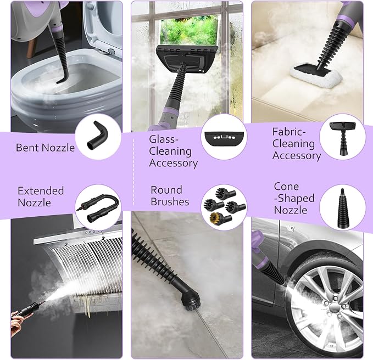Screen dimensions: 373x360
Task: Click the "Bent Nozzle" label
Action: tap(45, 148)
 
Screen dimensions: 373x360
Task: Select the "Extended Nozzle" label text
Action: tap(41, 196)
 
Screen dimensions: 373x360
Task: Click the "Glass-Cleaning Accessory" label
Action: tap(173, 151)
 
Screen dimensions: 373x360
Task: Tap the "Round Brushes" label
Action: tap(170, 196)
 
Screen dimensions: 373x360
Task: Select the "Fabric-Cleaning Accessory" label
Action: tap(297, 144)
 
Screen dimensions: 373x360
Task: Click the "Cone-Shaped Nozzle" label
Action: tap(294, 198)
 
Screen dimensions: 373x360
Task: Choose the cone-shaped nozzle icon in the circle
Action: tap(342, 207)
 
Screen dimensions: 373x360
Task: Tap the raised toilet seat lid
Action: tap(103, 29)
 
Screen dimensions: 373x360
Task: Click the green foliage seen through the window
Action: tap(190, 30)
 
